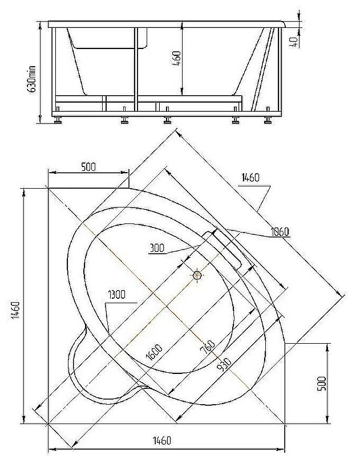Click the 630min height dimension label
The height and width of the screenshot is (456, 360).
click(33, 79)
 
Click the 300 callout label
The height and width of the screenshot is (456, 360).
click(158, 248)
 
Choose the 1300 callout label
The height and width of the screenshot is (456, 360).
click(117, 295)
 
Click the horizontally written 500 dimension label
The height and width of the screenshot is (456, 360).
click(88, 167)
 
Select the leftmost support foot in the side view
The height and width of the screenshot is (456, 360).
click(58, 120)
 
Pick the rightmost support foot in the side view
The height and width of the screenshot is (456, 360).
click(267, 120)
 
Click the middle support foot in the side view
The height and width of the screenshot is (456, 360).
click(167, 120)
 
